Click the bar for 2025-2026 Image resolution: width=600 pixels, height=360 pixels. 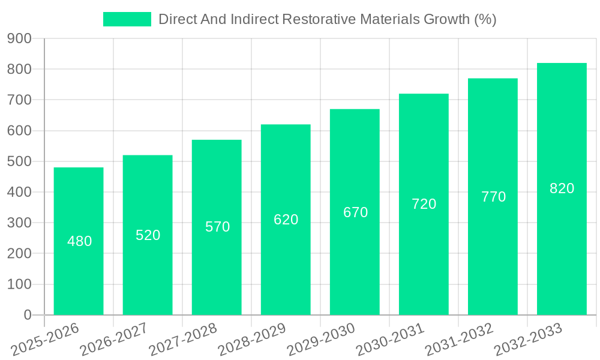point(79,241)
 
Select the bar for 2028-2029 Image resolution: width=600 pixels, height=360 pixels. point(286,220)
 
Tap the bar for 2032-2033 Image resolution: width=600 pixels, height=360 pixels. point(562,188)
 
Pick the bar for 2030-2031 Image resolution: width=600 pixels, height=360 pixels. point(424,204)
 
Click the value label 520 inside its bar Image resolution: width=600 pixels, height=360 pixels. point(148,235)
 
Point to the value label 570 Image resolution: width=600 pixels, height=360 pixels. point(217,227)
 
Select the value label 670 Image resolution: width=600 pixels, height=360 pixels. point(355,212)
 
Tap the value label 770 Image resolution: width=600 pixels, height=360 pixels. point(493,197)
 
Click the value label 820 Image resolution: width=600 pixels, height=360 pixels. point(562,188)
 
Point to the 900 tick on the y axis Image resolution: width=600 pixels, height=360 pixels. point(19,38)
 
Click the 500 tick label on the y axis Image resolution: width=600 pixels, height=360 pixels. point(19,161)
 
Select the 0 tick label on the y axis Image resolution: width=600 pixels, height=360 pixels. point(27,315)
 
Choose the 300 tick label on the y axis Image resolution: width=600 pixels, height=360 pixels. point(19,223)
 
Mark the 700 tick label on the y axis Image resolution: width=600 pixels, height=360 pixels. point(19,100)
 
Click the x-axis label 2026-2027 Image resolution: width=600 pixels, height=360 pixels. point(114,340)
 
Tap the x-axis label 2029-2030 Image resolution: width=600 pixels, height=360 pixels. point(321,340)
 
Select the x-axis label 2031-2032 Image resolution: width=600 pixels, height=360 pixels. point(459,340)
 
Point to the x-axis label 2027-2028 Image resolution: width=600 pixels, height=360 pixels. point(183,340)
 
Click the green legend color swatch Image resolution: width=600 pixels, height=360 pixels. point(127,19)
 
